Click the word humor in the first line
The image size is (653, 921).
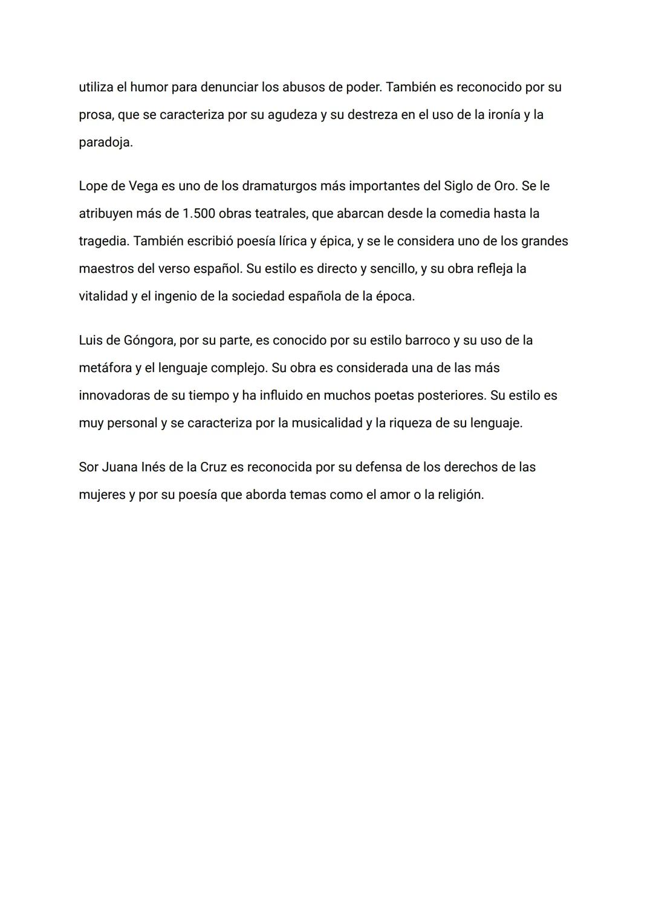[x=149, y=87]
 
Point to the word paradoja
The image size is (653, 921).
[x=105, y=143]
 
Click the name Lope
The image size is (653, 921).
[x=94, y=186]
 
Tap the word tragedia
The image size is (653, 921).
[x=103, y=242]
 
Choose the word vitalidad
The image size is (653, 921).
[x=103, y=297]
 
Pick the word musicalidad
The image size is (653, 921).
[x=326, y=423]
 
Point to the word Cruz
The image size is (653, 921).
[x=213, y=467]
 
